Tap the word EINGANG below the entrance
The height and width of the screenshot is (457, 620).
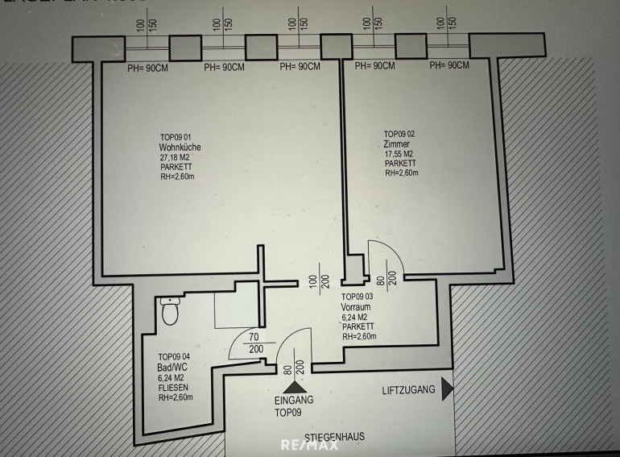click(294, 400)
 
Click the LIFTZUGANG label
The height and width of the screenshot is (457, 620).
click(408, 390)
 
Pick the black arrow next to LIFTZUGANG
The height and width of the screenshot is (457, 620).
click(448, 390)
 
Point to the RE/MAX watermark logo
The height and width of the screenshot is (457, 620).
click(309, 445)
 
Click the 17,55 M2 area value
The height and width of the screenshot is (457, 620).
click(399, 154)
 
